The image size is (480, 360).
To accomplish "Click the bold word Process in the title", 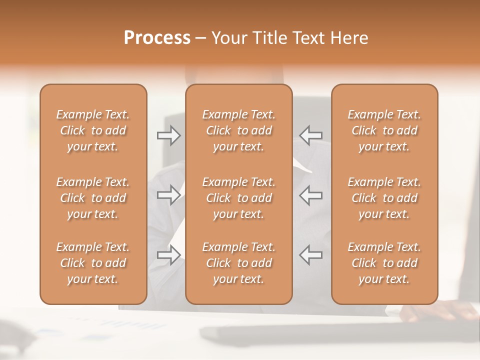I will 157,38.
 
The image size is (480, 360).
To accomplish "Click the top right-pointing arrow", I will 168,135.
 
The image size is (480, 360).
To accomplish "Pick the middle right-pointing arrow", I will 168,195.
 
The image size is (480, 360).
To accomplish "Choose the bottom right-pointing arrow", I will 168,254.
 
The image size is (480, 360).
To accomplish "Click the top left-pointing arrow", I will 311,135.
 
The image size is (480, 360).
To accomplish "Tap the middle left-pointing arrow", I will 311,195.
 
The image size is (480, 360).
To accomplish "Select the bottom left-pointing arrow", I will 311,254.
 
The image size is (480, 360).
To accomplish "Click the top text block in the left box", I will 93,130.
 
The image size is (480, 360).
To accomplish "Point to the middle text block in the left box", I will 93,198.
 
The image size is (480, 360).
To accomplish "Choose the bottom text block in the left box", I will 93,263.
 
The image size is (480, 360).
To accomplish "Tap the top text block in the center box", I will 238,130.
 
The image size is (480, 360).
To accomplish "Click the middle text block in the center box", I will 238,198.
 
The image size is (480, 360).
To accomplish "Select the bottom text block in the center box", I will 238,263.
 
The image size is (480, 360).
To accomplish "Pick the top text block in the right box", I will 384,130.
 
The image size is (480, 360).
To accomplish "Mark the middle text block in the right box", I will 384,198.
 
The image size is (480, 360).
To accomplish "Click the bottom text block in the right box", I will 384,263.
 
